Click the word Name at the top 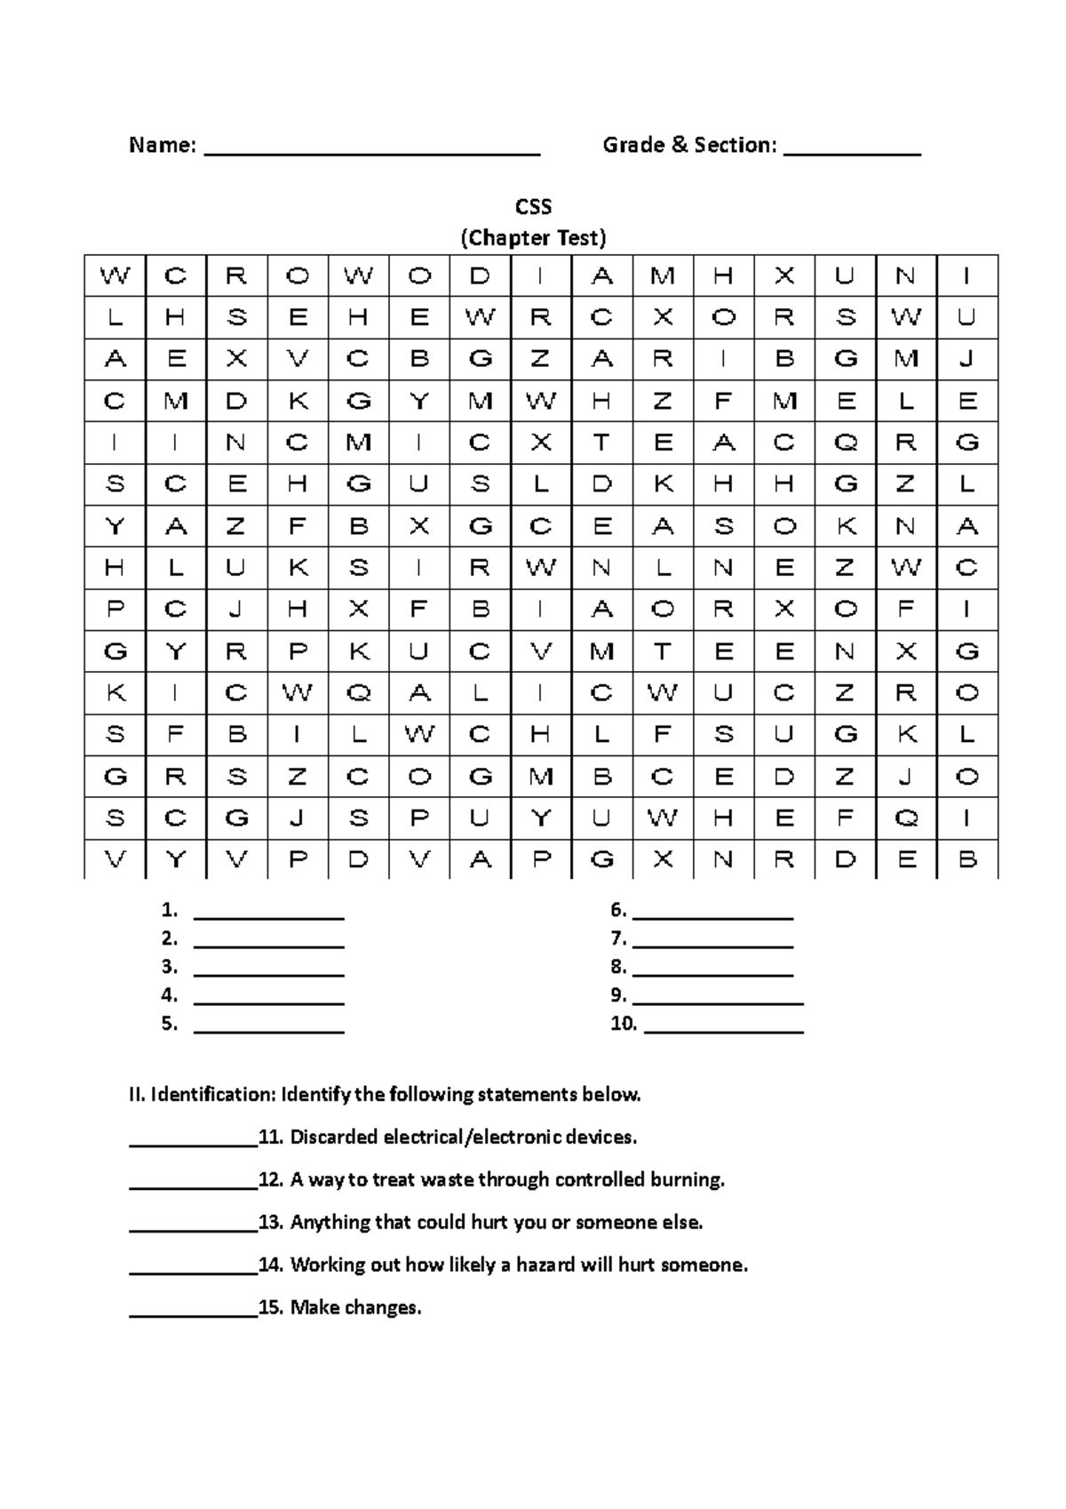pos(161,145)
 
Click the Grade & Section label pos(689,145)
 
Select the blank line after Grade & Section pos(852,151)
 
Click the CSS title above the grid pos(533,207)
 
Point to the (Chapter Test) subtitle pos(533,238)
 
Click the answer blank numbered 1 pos(268,915)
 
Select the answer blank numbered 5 pos(268,1029)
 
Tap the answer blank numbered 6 pos(712,915)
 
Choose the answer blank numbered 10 pos(723,1029)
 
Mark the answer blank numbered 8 pos(712,972)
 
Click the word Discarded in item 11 pos(334,1137)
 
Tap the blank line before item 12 pos(193,1186)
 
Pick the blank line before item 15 pos(193,1313)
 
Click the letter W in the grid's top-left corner pos(115,275)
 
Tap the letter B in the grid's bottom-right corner pos(967,859)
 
